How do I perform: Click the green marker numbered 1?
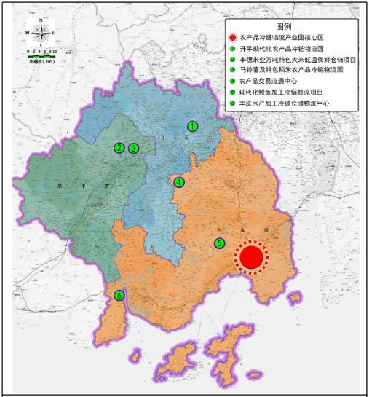[x=192, y=126]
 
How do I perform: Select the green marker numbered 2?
[x=119, y=148]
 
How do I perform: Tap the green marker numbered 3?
[x=134, y=148]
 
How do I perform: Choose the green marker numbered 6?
[x=119, y=295]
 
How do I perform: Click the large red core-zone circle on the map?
[x=251, y=257]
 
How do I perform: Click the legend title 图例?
[x=294, y=25]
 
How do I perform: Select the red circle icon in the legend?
[x=231, y=37]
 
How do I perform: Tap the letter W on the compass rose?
[x=28, y=33]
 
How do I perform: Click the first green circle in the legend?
[x=231, y=49]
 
